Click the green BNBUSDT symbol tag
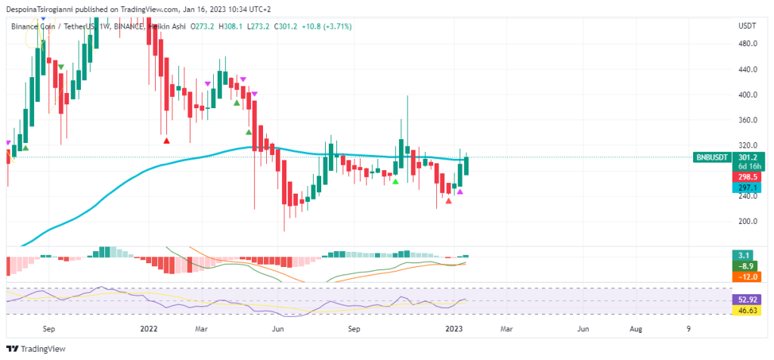pos(714,157)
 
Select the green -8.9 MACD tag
pos(747,266)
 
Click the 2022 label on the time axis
pos(149,329)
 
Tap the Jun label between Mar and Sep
pos(278,329)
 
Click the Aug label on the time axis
pos(636,329)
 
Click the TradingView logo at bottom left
pos(36,349)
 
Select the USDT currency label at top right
pos(747,26)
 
